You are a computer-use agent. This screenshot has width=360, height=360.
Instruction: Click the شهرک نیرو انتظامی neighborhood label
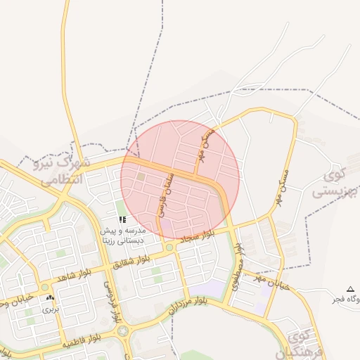coord(63,171)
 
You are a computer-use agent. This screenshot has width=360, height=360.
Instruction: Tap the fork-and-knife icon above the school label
coord(122,220)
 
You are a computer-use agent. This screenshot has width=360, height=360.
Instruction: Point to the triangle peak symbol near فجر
coord(350,289)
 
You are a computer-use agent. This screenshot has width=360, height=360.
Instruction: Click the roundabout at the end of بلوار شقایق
coord(169,247)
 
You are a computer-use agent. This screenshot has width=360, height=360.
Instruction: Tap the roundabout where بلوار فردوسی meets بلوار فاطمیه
coord(124,330)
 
